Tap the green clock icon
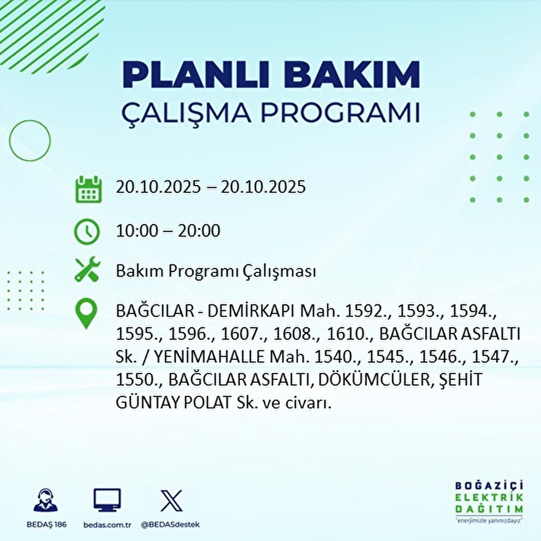click(x=87, y=232)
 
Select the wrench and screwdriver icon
click(x=87, y=269)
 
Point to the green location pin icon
click(x=87, y=313)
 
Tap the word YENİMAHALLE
click(x=210, y=358)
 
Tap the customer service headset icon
click(x=46, y=500)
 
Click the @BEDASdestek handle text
click(x=170, y=524)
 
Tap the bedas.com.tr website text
click(x=108, y=524)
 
